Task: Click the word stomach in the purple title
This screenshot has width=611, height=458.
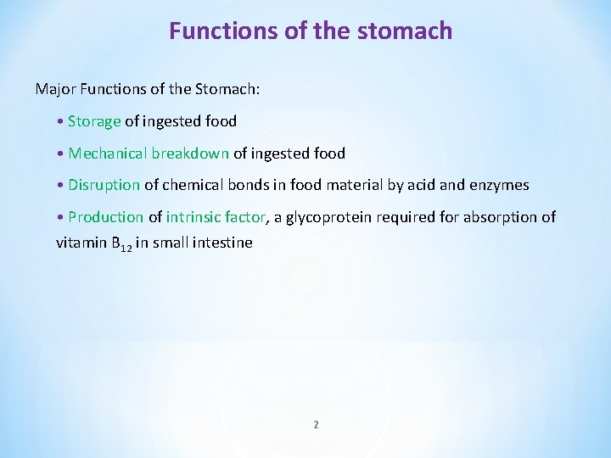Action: click(x=405, y=31)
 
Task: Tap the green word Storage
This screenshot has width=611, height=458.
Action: click(x=94, y=121)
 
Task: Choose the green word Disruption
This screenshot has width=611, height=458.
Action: click(x=104, y=185)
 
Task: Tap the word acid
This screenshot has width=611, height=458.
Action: click(x=423, y=185)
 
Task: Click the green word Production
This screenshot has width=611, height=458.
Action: click(x=105, y=217)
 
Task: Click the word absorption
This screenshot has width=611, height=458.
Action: click(x=499, y=217)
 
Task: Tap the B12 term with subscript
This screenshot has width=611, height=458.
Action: click(x=121, y=243)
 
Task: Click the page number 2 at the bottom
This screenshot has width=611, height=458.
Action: click(x=316, y=424)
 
